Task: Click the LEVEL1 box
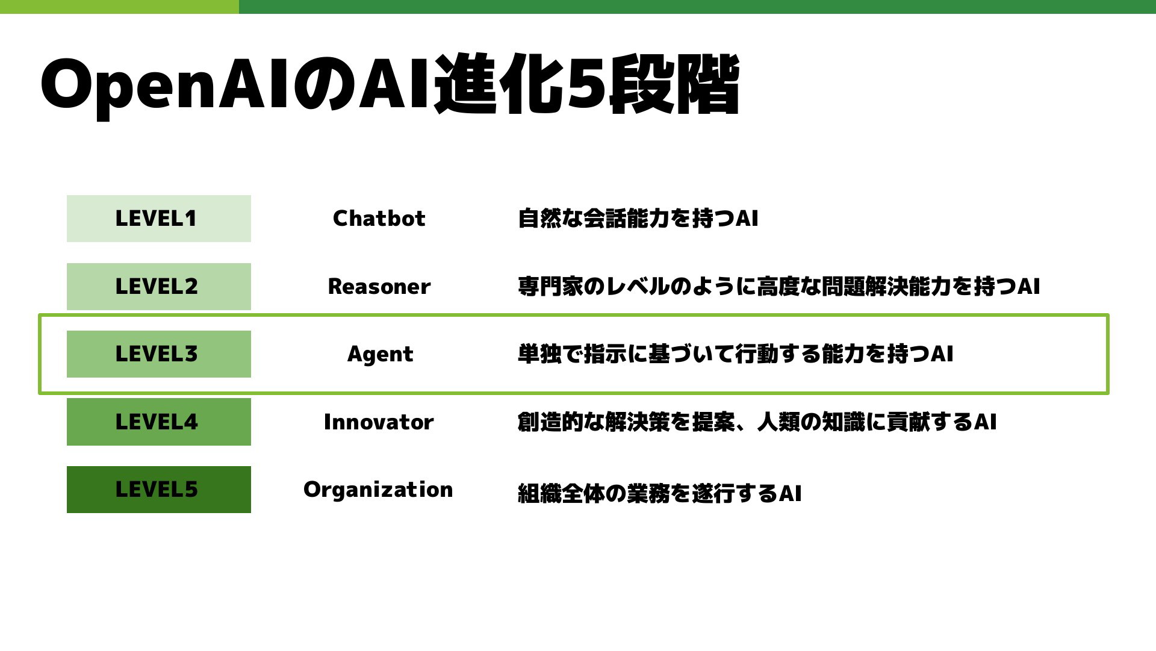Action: (159, 219)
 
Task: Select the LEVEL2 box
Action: (159, 287)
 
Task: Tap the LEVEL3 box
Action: (159, 354)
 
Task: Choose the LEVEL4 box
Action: (159, 422)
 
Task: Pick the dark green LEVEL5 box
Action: (159, 490)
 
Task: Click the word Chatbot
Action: (379, 218)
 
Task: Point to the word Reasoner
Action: (379, 287)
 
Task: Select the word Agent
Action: (381, 355)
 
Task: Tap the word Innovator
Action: (379, 422)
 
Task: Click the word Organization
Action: (378, 490)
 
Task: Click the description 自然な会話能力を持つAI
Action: (638, 218)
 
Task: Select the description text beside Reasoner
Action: (779, 286)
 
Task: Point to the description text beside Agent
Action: (736, 354)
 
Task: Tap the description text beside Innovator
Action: (757, 422)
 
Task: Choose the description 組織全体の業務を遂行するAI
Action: (660, 493)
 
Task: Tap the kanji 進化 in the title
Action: (499, 84)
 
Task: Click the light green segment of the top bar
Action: (119, 7)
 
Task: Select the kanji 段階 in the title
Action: (674, 84)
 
